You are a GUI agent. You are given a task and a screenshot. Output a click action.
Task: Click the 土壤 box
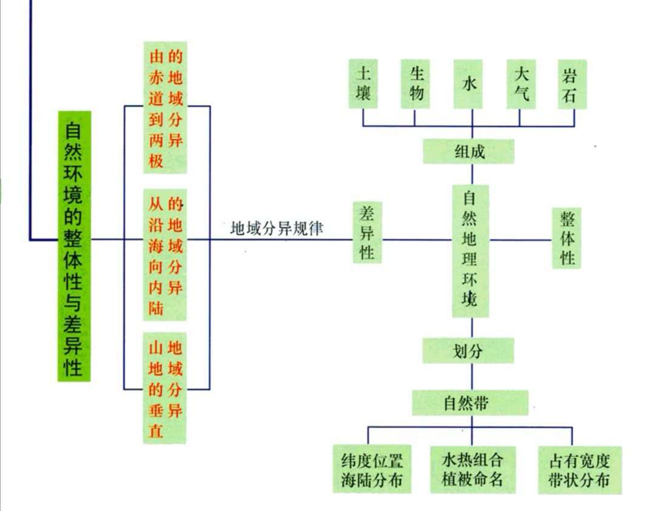[363, 84]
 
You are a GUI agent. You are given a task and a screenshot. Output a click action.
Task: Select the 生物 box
[416, 84]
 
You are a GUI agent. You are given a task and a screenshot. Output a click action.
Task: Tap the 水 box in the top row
[470, 84]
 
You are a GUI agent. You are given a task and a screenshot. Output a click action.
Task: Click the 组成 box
[469, 152]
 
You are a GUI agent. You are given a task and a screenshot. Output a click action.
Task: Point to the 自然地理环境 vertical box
[470, 250]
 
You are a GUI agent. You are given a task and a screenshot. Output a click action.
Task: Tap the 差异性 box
[367, 232]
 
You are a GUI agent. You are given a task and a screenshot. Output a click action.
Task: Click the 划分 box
[468, 351]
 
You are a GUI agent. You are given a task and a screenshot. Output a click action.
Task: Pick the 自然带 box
[470, 402]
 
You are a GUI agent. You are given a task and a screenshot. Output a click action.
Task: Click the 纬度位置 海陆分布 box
[372, 470]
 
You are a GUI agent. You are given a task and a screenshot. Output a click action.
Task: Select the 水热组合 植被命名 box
[472, 470]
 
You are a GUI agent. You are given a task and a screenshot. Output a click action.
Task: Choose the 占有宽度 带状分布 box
[573, 470]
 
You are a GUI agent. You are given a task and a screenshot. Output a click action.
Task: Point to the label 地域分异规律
[276, 229]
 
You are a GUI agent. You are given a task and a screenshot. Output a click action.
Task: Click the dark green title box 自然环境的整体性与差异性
[74, 246]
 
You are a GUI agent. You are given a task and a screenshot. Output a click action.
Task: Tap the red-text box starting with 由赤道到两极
[165, 107]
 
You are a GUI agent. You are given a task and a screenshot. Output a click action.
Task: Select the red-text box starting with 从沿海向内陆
[165, 255]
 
